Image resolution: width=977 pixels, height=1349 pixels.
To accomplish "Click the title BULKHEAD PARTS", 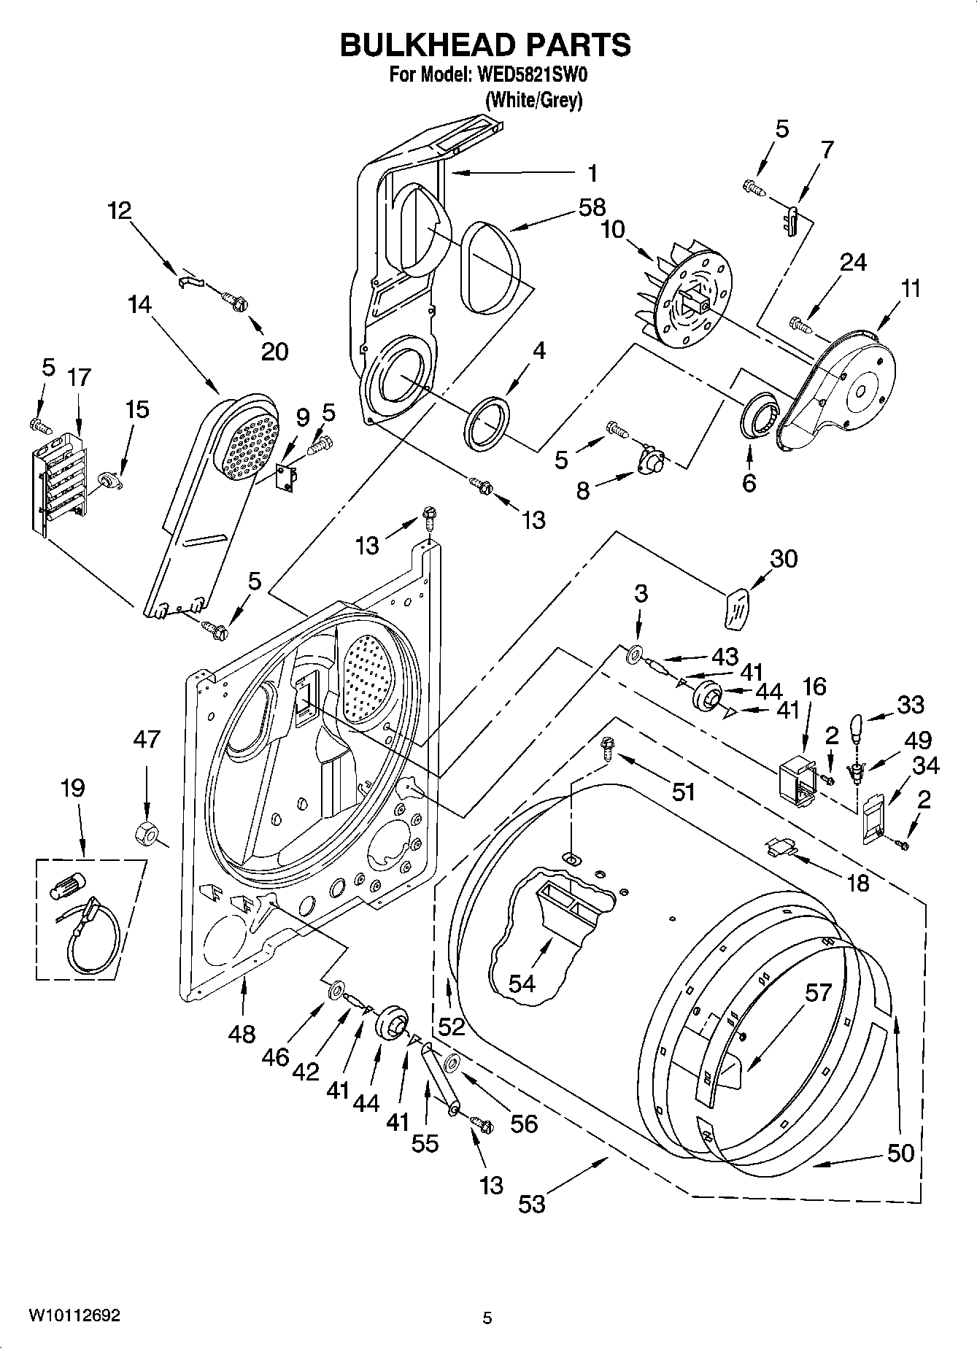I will pos(485,45).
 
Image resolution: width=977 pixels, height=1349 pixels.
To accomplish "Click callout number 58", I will pos(592,207).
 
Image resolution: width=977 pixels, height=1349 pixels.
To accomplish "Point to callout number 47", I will pos(147,739).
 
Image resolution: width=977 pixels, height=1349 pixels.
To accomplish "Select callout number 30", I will pos(784,559).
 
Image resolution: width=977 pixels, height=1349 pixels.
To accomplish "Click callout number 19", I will pos(73,788).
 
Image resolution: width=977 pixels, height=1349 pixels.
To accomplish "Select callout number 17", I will pos(80,377).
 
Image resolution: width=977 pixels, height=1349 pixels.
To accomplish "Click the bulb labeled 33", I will pos(856,727).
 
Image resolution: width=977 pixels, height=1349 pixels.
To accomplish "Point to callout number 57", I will pos(818,992).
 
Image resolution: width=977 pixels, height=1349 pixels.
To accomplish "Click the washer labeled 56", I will pos(451,1063).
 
